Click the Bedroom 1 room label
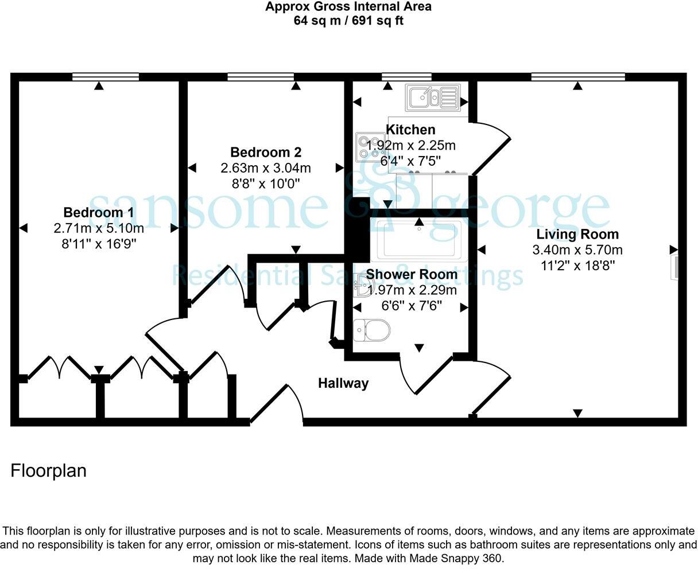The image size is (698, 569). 99,212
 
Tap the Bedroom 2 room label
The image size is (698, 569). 266,153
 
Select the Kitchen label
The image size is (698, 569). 410,130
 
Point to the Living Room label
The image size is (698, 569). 577,234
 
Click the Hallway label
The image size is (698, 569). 343,383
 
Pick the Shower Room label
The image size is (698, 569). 412,274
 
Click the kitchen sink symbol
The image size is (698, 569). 433,98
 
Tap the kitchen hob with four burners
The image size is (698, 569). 371,147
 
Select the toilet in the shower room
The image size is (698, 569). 371,330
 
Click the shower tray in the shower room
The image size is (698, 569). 419,240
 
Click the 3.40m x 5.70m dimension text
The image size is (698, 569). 577,250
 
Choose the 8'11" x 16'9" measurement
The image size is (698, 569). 99,244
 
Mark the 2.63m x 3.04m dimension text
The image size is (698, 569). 266,168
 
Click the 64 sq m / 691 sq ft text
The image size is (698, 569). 348,21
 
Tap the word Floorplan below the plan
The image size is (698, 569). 48,471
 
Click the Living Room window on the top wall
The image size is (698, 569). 578,77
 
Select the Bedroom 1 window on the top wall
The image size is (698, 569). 106,77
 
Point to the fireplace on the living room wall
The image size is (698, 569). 674,268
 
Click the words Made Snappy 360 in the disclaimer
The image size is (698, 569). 456,559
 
